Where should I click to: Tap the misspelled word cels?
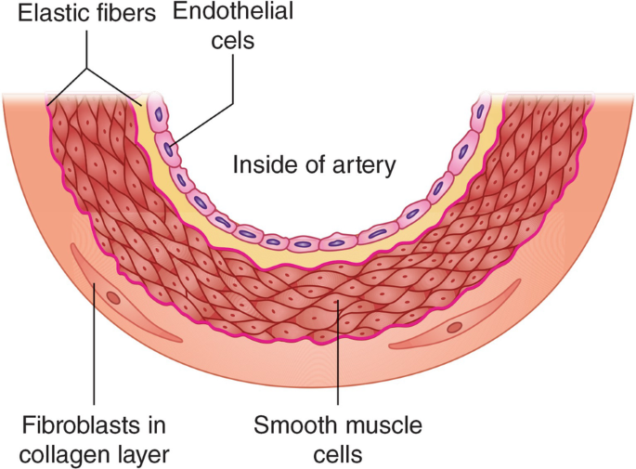[223, 41]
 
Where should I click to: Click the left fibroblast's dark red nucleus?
[114, 299]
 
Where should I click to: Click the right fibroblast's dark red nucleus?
[454, 327]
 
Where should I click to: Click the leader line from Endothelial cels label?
[233, 93]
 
